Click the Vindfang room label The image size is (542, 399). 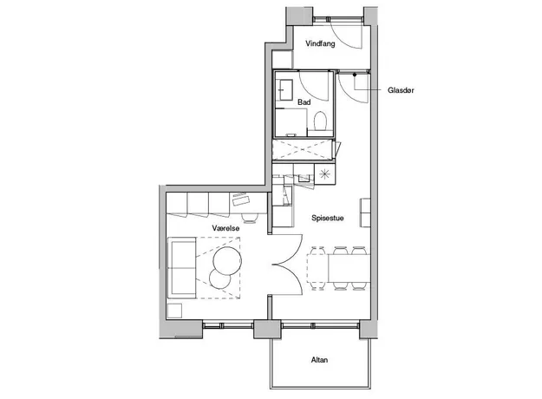pyautogui.click(x=320, y=44)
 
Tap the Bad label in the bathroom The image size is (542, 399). pyautogui.click(x=304, y=102)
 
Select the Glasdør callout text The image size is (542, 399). pyautogui.click(x=401, y=90)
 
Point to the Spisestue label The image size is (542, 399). pyautogui.click(x=327, y=218)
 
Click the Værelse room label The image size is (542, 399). pyautogui.click(x=225, y=228)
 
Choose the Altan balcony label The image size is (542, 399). pyautogui.click(x=319, y=360)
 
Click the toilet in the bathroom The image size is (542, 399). pyautogui.click(x=320, y=121)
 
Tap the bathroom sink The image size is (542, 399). pyautogui.click(x=286, y=90)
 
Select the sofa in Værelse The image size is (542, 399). pyautogui.click(x=182, y=268)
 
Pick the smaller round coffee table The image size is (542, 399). pyautogui.click(x=220, y=278)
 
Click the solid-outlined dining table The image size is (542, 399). pyautogui.click(x=349, y=268)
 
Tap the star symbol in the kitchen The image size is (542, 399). pyautogui.click(x=324, y=174)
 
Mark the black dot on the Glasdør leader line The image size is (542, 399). pyautogui.click(x=355, y=75)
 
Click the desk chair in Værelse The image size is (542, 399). pyautogui.click(x=250, y=218)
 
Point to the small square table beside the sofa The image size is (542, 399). pyautogui.click(x=174, y=311)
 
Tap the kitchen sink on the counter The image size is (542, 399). pyautogui.click(x=304, y=178)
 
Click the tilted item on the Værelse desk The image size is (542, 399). pyautogui.click(x=240, y=199)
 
